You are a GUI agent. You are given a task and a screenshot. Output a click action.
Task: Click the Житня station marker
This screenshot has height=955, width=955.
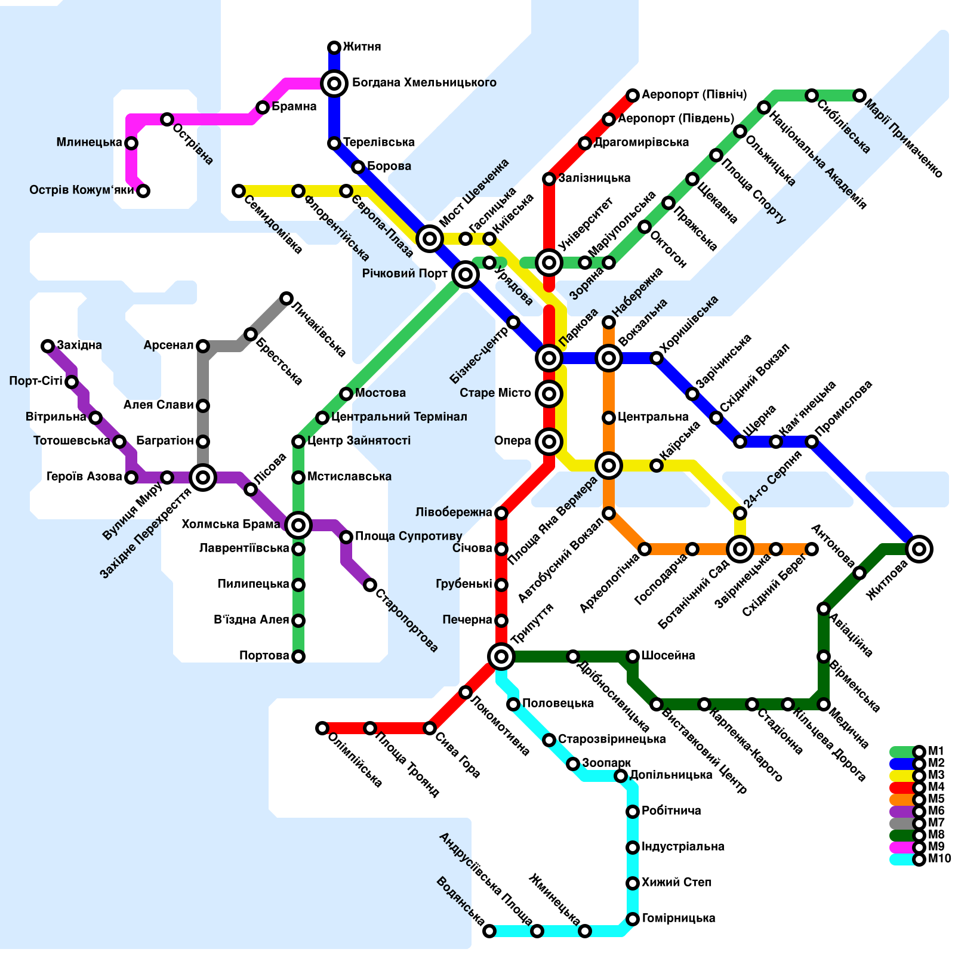pos(334,48)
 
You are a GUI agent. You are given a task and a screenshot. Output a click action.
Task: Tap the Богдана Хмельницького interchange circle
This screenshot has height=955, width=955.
pos(334,84)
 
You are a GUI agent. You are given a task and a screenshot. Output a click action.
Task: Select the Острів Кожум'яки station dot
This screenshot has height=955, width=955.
pos(143,191)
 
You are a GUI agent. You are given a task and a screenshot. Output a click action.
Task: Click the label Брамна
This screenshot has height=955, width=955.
pos(294,107)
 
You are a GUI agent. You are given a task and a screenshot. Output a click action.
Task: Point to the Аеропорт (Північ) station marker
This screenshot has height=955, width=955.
pos(633,95)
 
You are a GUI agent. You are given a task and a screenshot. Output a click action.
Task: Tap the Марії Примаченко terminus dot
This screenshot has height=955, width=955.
pos(860,95)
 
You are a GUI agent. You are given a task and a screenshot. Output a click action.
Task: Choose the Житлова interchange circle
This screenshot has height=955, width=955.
pos(919,549)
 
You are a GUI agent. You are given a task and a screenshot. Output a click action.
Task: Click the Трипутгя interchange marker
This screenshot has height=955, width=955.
pos(501,657)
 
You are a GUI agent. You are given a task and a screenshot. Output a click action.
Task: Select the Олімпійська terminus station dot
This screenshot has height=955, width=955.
pos(322,728)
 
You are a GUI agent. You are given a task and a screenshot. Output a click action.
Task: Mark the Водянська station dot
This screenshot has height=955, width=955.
pos(489,931)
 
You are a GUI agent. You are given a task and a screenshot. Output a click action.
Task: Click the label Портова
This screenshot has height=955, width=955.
pos(264,656)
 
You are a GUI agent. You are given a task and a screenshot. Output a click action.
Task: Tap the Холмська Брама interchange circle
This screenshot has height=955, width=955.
pos(298,525)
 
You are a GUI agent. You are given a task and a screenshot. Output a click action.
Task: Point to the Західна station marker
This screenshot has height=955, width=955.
pos(48,346)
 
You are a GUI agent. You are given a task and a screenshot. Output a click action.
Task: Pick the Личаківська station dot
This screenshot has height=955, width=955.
pos(286,298)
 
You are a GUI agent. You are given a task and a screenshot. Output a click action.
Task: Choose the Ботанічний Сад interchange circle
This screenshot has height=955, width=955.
pos(740,549)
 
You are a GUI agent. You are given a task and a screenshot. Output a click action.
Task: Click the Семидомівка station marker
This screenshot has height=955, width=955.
pos(239,191)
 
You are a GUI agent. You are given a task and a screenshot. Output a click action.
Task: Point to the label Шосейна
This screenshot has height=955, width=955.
pos(668,656)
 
